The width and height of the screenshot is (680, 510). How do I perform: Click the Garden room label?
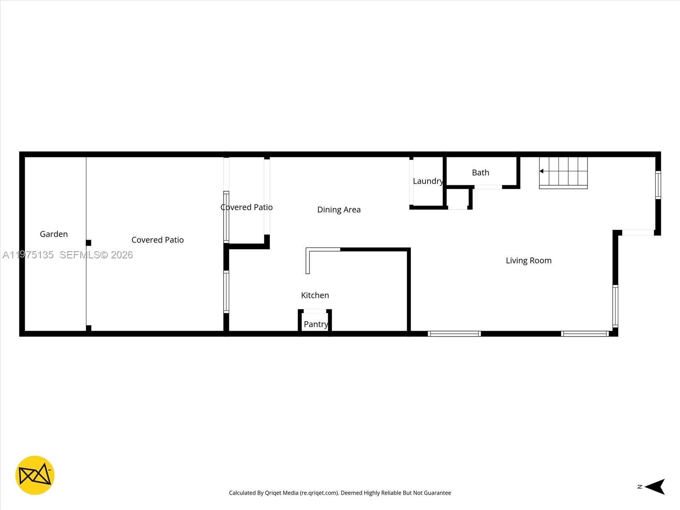[x=54, y=234]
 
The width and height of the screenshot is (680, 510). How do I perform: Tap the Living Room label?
[x=528, y=261]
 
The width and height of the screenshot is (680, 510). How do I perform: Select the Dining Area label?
[x=339, y=210]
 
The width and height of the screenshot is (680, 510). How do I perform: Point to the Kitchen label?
[x=315, y=295]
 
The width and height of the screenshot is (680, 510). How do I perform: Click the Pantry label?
[x=316, y=324]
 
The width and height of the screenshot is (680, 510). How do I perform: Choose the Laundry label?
[x=428, y=181]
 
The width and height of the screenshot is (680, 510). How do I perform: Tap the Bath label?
[x=480, y=173]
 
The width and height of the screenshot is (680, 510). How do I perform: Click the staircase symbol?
[x=564, y=173]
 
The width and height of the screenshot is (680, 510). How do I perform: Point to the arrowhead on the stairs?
[x=541, y=171]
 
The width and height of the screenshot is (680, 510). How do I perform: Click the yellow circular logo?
[x=35, y=475]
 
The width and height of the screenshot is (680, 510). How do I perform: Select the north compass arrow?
[x=655, y=487]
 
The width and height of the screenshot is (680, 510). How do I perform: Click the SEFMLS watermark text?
[x=96, y=255]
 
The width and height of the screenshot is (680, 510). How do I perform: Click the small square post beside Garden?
[x=88, y=243]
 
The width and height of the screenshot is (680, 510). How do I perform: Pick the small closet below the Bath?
[x=458, y=198]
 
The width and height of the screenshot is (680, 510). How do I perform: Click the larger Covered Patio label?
[x=157, y=240]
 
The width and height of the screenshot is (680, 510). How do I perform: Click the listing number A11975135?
[x=28, y=255]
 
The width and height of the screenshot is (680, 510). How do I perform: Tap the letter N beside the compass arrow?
[x=640, y=487]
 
